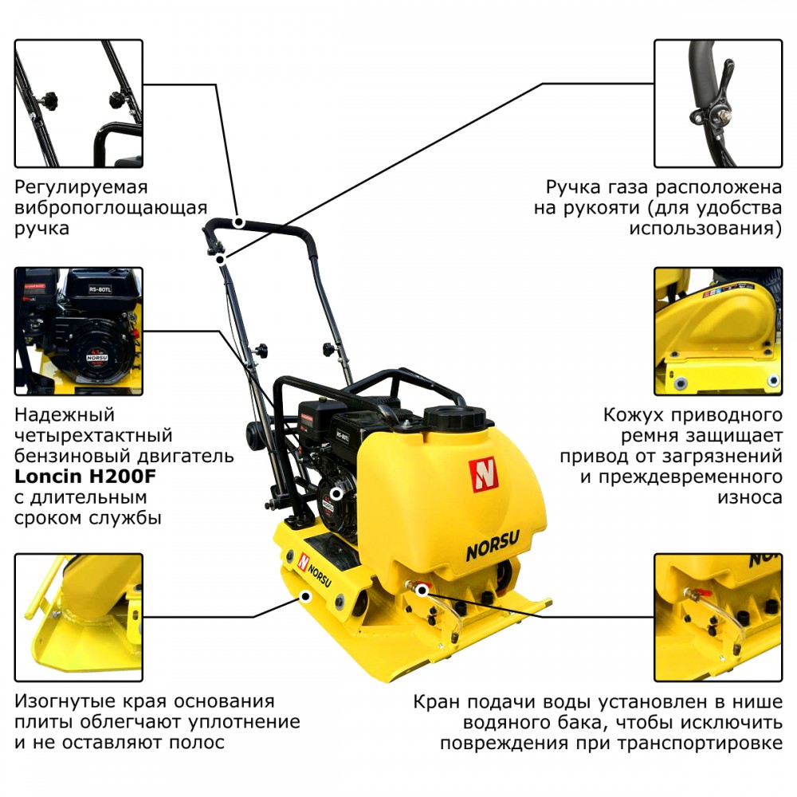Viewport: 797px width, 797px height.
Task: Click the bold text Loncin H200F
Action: (x=85, y=477)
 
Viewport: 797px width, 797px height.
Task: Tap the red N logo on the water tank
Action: (x=483, y=475)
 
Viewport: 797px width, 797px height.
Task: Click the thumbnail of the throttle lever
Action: (x=718, y=104)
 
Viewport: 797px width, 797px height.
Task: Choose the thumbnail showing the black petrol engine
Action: (x=79, y=332)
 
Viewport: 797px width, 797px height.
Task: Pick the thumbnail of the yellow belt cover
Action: (x=718, y=332)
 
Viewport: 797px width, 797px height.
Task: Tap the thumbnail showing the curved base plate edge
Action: (x=79, y=618)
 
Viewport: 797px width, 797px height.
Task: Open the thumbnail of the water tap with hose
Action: (x=718, y=618)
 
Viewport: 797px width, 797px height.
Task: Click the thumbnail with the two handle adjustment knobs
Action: (x=79, y=104)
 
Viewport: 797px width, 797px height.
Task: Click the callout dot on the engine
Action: (x=336, y=493)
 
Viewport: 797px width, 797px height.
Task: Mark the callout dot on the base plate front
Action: (x=305, y=595)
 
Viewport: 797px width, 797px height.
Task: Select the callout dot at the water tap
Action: (x=422, y=590)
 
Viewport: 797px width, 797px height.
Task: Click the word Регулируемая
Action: (x=80, y=188)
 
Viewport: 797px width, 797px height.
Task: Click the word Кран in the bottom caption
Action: (x=437, y=702)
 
